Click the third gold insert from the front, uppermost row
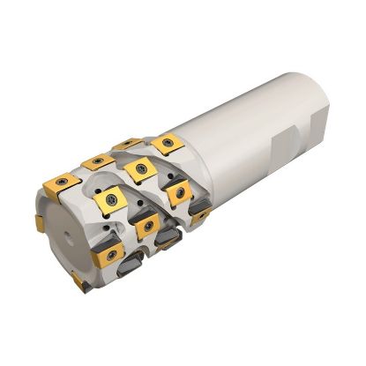[129, 143]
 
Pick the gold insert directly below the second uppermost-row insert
[113, 202]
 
